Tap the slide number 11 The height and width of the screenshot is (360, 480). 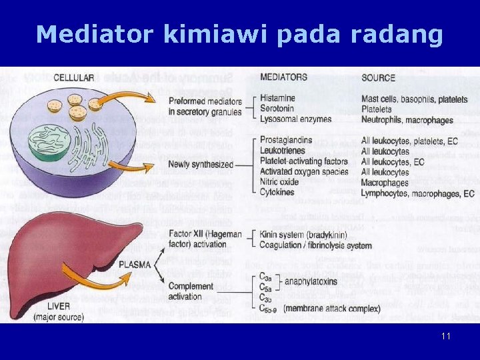tap(446, 336)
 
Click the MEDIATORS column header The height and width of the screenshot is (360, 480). tap(283, 77)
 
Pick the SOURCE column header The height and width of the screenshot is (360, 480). tap(379, 77)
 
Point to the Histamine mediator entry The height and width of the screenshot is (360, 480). tap(277, 99)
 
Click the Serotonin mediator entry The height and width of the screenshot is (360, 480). tap(277, 109)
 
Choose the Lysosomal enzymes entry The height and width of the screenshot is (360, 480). tap(295, 119)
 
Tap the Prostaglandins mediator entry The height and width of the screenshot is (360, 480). tap(287, 141)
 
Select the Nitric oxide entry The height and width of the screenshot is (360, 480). tap(279, 182)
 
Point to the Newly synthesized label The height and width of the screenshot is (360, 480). tap(201, 164)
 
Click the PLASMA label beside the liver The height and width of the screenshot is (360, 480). tap(135, 264)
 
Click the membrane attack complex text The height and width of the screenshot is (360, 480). tap(338, 308)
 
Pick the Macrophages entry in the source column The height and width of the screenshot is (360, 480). tap(385, 183)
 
